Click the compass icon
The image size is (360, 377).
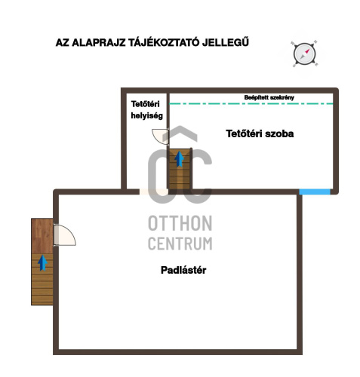pos(304,54)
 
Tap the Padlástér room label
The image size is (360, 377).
pos(183,270)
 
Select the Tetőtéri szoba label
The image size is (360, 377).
pos(260,133)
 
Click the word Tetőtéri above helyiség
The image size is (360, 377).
pos(145,104)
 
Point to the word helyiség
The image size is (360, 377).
pos(147,115)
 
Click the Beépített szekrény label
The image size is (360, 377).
pos(269,97)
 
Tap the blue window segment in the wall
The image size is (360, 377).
pos(315,192)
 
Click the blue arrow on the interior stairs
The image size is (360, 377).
pos(179,159)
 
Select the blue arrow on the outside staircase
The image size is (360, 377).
pos(42,262)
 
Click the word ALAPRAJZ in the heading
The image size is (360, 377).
pos(98,42)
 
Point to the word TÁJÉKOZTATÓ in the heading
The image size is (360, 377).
pos(164,42)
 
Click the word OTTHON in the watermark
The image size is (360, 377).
pos(180,223)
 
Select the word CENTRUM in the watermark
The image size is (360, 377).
pos(180,244)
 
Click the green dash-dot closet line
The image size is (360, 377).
pos(251,103)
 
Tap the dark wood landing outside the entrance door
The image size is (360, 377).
pos(42,236)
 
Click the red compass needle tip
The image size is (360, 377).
pos(308,50)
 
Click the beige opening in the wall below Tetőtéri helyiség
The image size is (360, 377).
pos(154,192)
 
